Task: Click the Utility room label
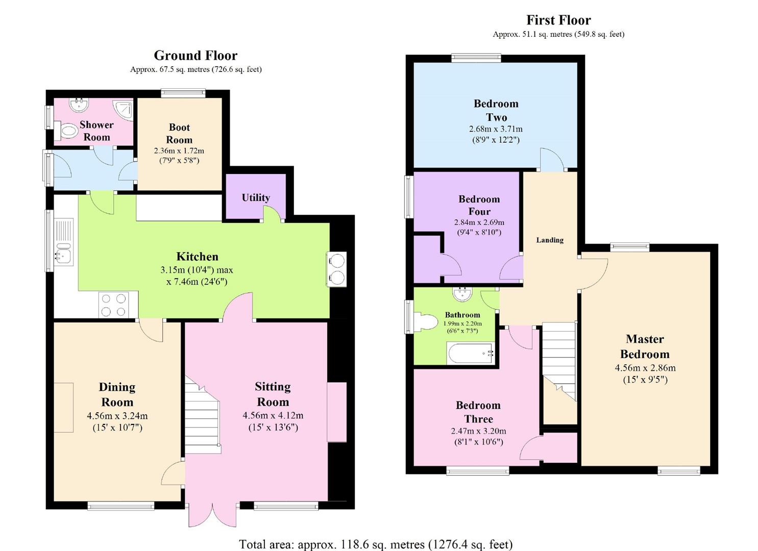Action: click(256, 197)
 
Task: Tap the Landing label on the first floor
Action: click(550, 240)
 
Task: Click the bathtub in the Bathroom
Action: click(470, 353)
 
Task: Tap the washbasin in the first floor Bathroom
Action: click(462, 294)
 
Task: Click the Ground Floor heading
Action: click(195, 55)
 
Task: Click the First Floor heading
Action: click(558, 20)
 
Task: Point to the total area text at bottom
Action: click(376, 544)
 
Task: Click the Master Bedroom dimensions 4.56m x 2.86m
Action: click(645, 368)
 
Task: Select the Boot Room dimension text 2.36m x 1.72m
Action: click(179, 151)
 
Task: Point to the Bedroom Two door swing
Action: click(551, 160)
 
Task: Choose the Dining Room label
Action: click(117, 394)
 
